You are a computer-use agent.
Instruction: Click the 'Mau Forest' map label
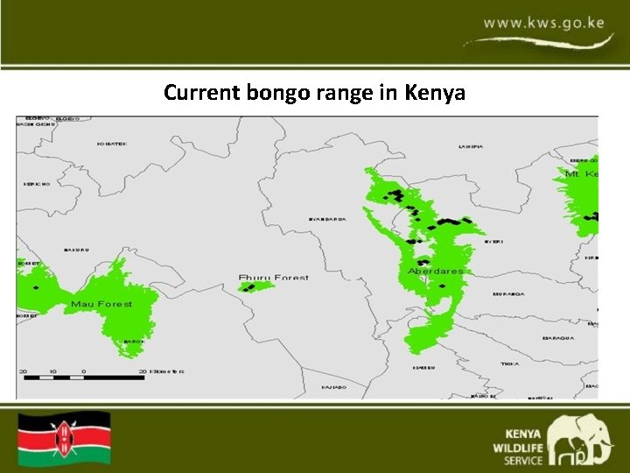click(x=101, y=304)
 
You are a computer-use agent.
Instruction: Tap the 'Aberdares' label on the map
click(x=435, y=272)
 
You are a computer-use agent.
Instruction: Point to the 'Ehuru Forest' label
click(x=273, y=278)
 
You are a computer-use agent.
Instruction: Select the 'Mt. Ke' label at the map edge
click(x=580, y=174)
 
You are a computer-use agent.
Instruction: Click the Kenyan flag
click(x=65, y=437)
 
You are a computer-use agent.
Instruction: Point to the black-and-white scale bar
click(x=84, y=378)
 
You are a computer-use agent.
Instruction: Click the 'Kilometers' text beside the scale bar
click(x=165, y=371)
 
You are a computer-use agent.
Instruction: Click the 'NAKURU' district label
click(x=76, y=250)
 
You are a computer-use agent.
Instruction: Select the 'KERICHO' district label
click(x=36, y=184)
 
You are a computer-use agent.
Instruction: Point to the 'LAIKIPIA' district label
click(x=470, y=146)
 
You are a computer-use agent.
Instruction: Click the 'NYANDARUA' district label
click(x=327, y=219)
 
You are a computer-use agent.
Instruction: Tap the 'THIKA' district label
click(x=509, y=364)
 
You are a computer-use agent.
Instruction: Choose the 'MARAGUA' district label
click(x=558, y=337)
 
